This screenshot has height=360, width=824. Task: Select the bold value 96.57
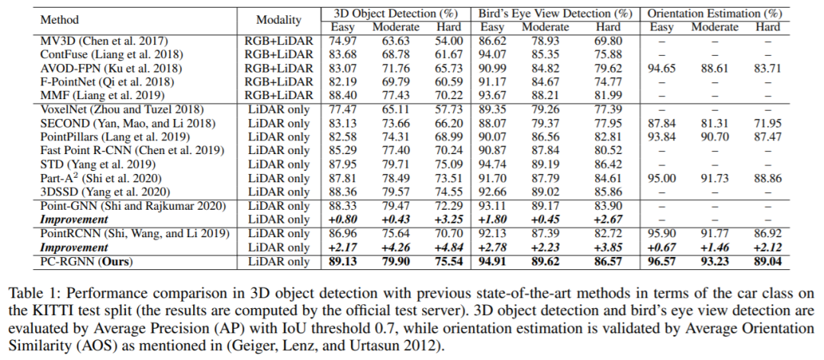(x=662, y=262)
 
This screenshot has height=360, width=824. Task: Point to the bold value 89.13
(x=342, y=262)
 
